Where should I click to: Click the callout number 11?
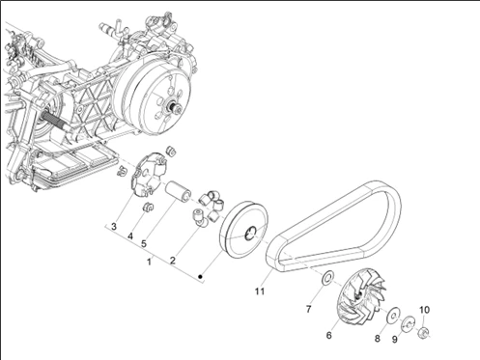(260, 291)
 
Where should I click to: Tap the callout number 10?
(424, 310)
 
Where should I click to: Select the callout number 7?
(308, 309)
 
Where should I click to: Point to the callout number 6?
(328, 335)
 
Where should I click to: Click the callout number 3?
(114, 227)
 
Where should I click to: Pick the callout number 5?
(144, 244)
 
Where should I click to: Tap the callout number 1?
(149, 262)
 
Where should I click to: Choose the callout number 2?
(173, 261)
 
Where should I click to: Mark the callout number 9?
(395, 339)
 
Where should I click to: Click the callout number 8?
(377, 339)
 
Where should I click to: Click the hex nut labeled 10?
(423, 332)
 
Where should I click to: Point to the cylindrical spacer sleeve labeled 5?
(178, 190)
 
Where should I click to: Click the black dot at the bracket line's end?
(200, 276)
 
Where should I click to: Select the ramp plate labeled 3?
(149, 175)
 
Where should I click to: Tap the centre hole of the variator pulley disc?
(250, 234)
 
